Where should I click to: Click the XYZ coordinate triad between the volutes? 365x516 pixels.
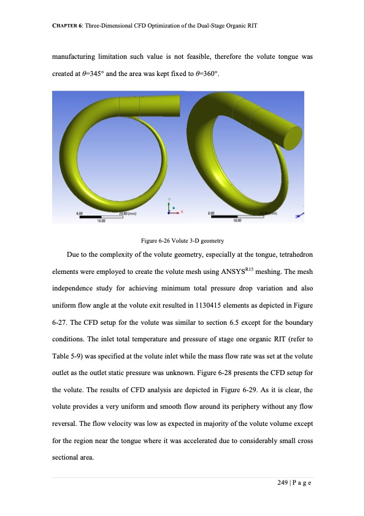click(172, 208)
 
